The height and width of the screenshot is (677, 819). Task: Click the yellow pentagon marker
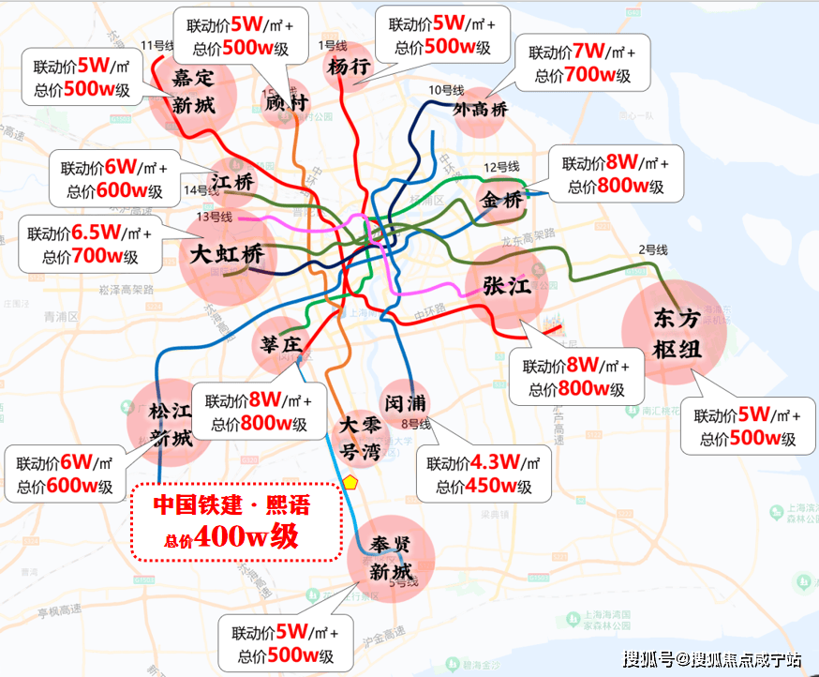pyautogui.click(x=350, y=482)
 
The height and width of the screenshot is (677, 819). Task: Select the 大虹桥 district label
pyautogui.click(x=227, y=254)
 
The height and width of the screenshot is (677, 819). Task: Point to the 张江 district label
pyautogui.click(x=507, y=286)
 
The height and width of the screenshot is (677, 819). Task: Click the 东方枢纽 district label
pyautogui.click(x=677, y=334)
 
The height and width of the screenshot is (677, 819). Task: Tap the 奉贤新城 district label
pyautogui.click(x=390, y=558)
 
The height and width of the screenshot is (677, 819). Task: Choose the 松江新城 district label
pyautogui.click(x=170, y=424)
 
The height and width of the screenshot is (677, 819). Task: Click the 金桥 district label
pyautogui.click(x=500, y=200)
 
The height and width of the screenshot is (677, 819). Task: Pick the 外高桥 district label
pyautogui.click(x=480, y=109)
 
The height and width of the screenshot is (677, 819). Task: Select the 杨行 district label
pyautogui.click(x=349, y=67)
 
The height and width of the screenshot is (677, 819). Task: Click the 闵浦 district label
pyautogui.click(x=406, y=402)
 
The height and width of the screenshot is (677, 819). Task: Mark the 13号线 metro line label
pyautogui.click(x=215, y=217)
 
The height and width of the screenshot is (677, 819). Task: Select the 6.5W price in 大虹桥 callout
pyautogui.click(x=97, y=232)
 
